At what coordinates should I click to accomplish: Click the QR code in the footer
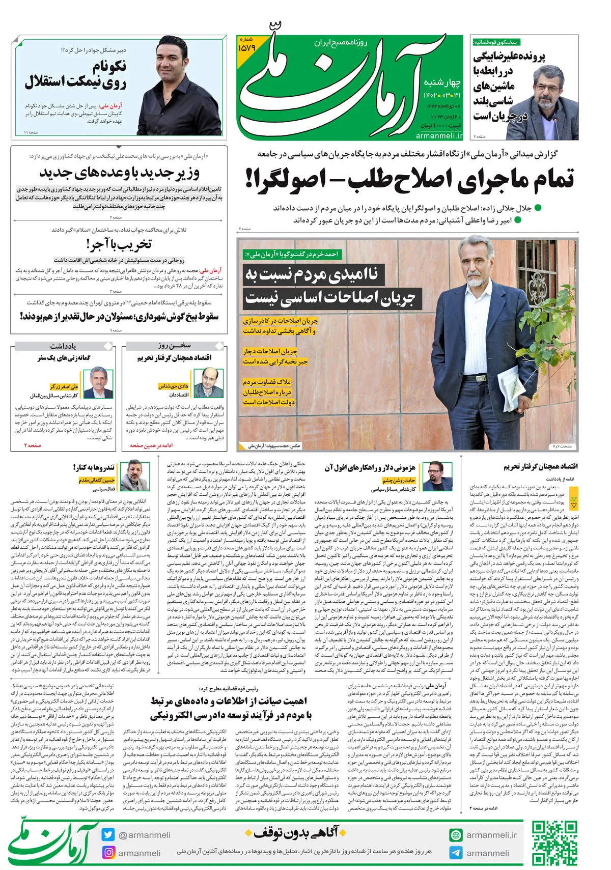(554, 843)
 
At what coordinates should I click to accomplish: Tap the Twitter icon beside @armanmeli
(108, 834)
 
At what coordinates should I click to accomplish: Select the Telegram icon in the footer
(456, 853)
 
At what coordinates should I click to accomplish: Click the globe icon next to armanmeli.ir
(456, 835)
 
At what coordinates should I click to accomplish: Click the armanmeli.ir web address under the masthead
(439, 135)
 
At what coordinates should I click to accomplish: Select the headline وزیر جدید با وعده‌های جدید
(119, 173)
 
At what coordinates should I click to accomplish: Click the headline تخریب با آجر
(119, 245)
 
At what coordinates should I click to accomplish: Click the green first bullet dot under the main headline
(538, 208)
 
